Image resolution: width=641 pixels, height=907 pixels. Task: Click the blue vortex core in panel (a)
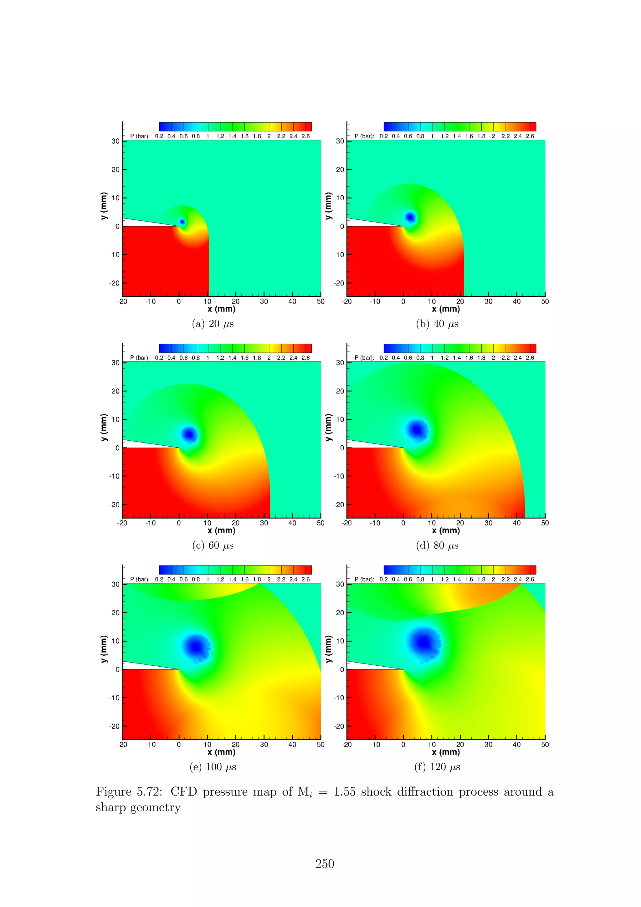click(x=182, y=222)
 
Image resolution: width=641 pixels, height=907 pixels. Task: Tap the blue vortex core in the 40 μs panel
click(x=410, y=217)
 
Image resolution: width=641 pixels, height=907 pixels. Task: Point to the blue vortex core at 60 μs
click(x=189, y=434)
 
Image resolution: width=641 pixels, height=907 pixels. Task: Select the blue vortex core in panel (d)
click(x=416, y=429)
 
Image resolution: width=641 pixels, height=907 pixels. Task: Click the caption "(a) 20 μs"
click(x=213, y=324)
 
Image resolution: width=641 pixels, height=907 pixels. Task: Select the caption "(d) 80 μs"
click(x=437, y=546)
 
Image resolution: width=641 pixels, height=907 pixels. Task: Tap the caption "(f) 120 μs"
click(x=437, y=767)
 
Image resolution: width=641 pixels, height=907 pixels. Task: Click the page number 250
click(x=325, y=864)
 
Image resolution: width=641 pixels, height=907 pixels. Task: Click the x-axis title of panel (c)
click(x=221, y=530)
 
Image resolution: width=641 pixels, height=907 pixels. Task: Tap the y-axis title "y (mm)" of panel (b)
click(x=328, y=206)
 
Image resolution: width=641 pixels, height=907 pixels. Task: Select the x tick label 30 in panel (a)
click(x=264, y=301)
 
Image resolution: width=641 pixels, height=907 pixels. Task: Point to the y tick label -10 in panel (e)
click(x=114, y=698)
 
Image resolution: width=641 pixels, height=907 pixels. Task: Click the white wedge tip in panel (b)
click(x=402, y=226)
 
